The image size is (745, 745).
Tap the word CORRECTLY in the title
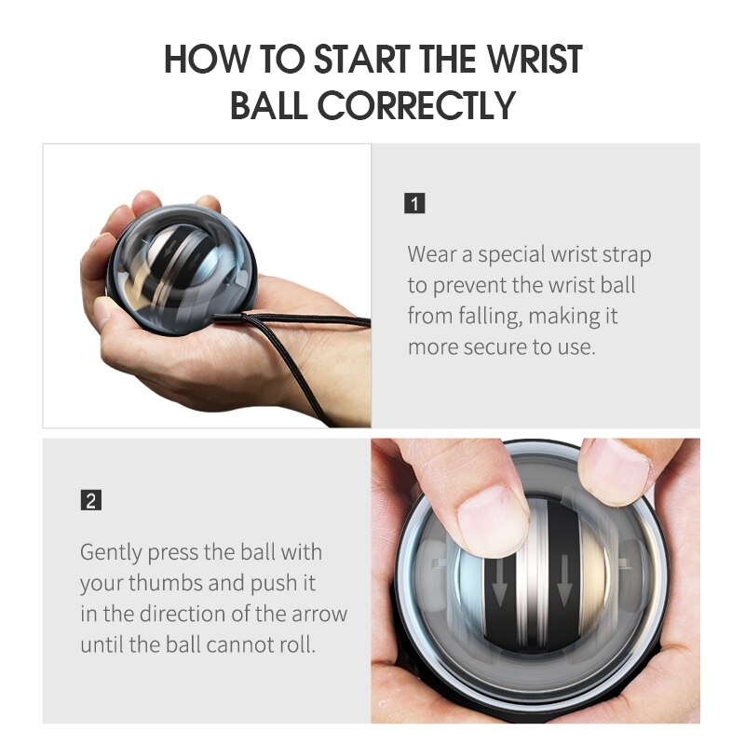[x=417, y=106]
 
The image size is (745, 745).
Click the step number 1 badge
[x=415, y=203]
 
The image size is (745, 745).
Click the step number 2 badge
[x=90, y=501]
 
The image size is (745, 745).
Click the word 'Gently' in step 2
[x=111, y=551]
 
